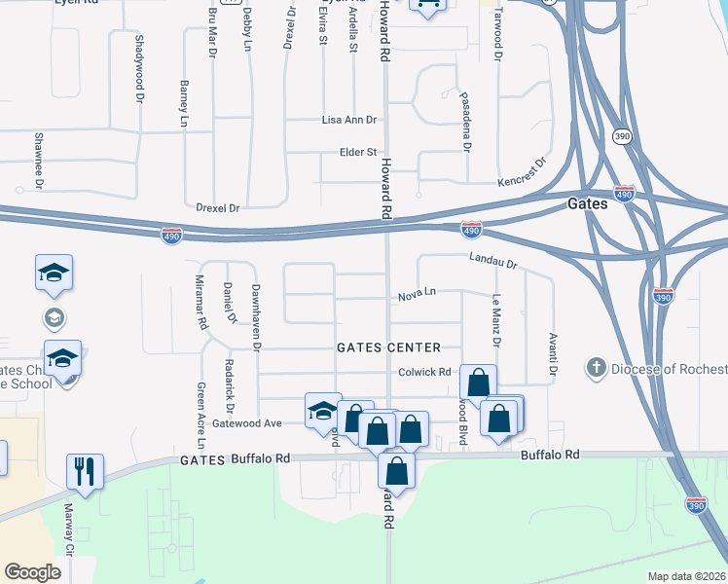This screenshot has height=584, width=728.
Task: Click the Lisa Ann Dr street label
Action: point(349,120)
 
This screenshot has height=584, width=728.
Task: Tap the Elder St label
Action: point(357,152)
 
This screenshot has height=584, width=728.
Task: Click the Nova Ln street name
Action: point(417,294)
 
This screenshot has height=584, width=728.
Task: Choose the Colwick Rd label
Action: point(424,372)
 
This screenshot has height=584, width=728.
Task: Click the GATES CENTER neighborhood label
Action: point(388,347)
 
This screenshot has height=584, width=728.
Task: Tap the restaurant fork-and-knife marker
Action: point(85,471)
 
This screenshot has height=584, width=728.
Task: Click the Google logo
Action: point(32,571)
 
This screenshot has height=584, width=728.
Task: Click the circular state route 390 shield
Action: point(622,137)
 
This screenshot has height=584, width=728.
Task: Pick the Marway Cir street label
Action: point(69,533)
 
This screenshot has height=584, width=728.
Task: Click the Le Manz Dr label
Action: point(495,321)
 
